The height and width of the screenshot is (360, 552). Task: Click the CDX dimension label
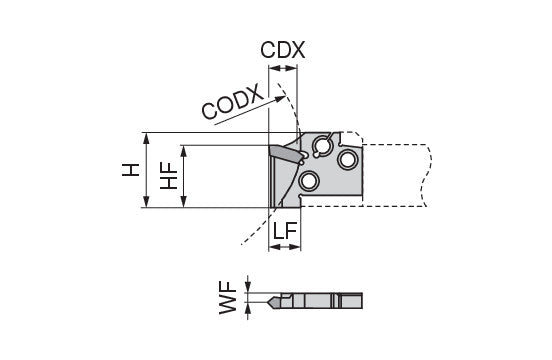[282, 50]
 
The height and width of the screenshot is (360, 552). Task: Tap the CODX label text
[232, 101]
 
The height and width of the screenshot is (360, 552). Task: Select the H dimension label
[131, 170]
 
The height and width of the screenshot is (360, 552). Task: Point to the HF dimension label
[169, 176]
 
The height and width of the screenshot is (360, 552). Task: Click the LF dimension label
[285, 231]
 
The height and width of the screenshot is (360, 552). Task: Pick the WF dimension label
[228, 297]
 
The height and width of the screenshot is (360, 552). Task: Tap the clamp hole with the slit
[321, 145]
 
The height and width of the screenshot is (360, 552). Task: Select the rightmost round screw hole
[348, 159]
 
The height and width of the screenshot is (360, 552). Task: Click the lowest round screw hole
[309, 182]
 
